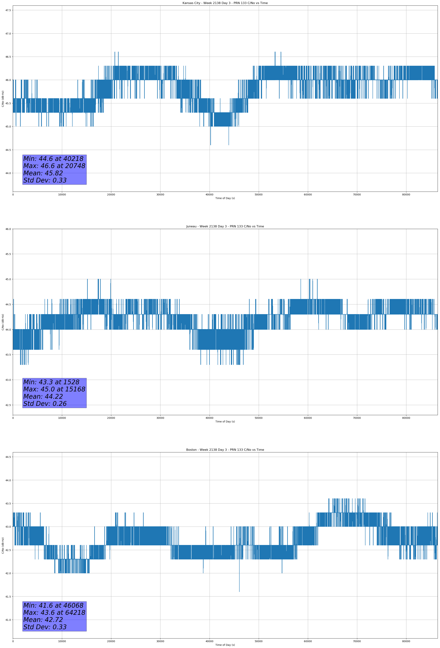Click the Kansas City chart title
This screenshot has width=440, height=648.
pos(225,3)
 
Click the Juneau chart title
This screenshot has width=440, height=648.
pos(225,226)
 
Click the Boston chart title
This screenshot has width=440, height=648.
pos(225,450)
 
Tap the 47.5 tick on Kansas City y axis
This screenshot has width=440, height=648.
pos(8,10)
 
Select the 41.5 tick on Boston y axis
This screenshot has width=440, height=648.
pos(8,596)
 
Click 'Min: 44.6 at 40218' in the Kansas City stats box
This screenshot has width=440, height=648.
pos(53,159)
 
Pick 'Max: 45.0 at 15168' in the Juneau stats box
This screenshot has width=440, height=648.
pos(54,389)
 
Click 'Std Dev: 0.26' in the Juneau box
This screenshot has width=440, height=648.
pos(45,404)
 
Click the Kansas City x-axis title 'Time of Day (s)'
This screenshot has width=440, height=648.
pos(225,198)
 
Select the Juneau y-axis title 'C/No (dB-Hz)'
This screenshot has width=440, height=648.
pos(3,322)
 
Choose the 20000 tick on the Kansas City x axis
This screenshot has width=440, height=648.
pos(111,195)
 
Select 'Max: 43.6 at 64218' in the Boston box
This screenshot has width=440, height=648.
pos(54,613)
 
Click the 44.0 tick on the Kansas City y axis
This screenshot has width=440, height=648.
pos(8,173)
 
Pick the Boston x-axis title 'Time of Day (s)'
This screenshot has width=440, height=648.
pos(225,645)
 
